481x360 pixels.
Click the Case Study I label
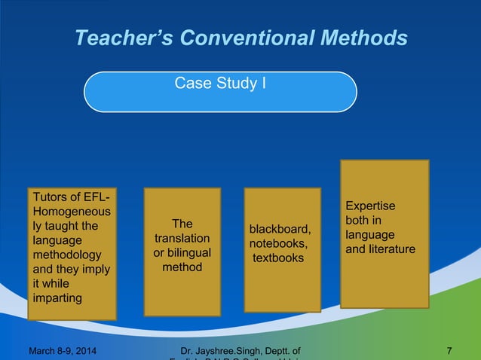click(x=219, y=83)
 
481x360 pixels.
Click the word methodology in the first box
click(x=66, y=255)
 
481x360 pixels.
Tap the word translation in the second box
click(x=182, y=238)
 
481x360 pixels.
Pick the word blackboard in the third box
click(x=280, y=229)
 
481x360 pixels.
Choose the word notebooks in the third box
click(x=280, y=243)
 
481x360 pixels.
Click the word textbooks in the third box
click(x=278, y=258)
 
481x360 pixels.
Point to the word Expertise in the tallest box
click(x=370, y=206)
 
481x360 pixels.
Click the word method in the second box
click(x=182, y=267)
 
